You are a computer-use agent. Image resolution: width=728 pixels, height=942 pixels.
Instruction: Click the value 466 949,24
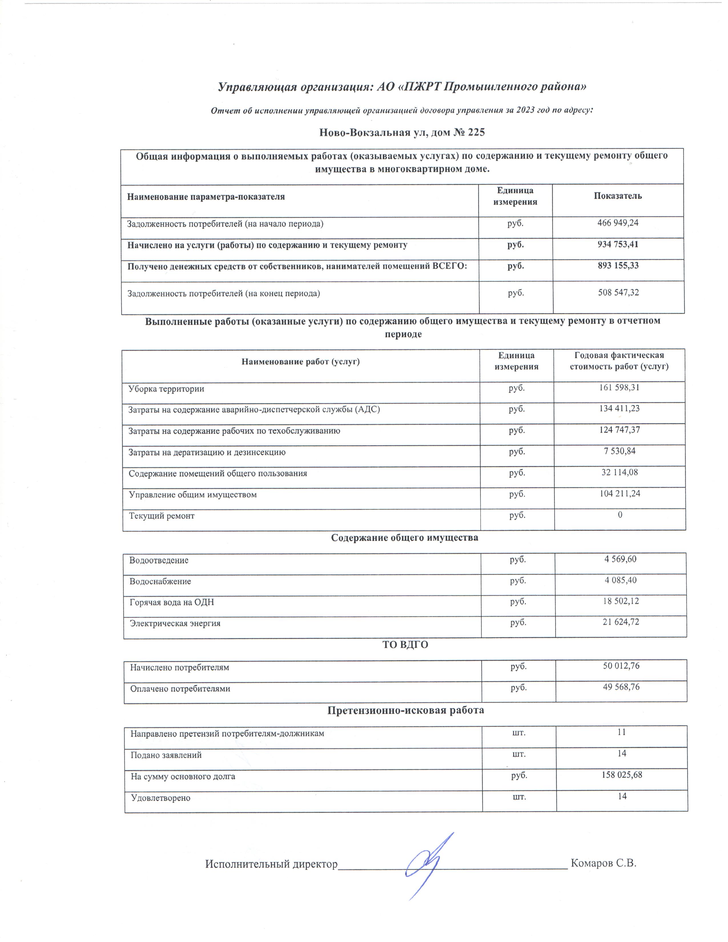pos(618,223)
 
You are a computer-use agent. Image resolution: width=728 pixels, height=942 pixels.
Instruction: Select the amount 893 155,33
pos(618,266)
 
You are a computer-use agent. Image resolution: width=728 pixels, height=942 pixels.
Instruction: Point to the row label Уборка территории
pos(166,389)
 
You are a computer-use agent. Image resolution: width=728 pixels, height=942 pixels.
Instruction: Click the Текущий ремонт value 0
pos(620,515)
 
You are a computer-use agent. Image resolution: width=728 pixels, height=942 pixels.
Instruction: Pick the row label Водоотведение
pos(159,560)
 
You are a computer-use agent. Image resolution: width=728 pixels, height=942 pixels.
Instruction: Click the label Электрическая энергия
pos(175,623)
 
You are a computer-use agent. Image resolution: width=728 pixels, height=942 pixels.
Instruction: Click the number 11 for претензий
pos(622,732)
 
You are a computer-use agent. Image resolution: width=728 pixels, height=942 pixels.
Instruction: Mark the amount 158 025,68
pos(622,775)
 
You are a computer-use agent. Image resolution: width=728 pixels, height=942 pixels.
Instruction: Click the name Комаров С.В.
pos(603,863)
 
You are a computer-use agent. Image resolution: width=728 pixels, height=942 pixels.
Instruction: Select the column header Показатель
pos(618,196)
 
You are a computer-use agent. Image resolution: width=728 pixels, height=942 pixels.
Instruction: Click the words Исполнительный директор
pos(271,864)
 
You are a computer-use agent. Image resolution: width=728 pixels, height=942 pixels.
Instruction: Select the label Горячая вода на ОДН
pos(172,602)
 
